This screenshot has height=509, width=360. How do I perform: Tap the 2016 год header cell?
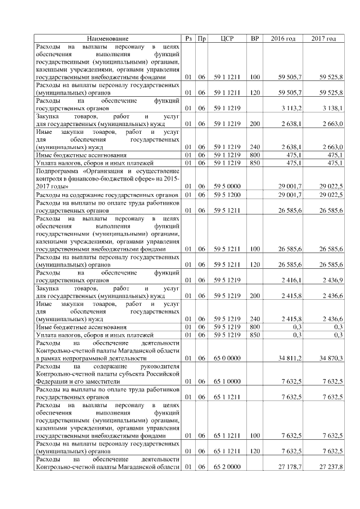(283, 38)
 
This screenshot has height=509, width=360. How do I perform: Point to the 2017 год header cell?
(323, 38)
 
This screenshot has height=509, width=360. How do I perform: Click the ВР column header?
(255, 38)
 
